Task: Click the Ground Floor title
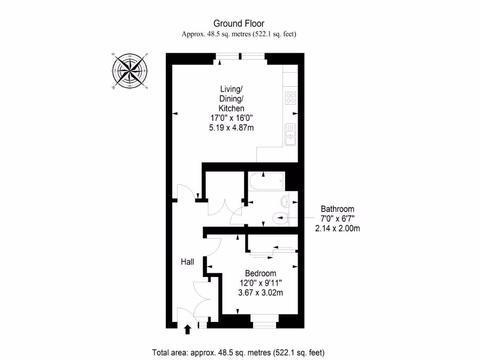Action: (239, 23)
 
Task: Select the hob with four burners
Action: (291, 98)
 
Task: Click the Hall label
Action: (187, 262)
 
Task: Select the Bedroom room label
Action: (261, 273)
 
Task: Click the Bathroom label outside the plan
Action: (337, 209)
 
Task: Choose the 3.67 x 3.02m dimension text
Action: (261, 293)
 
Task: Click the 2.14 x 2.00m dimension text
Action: (337, 229)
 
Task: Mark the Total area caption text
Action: (239, 352)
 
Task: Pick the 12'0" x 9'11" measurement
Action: (261, 283)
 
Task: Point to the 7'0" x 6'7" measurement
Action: (337, 219)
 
